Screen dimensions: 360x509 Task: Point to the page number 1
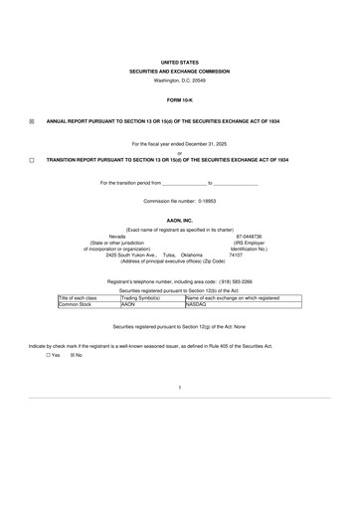tap(180, 385)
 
